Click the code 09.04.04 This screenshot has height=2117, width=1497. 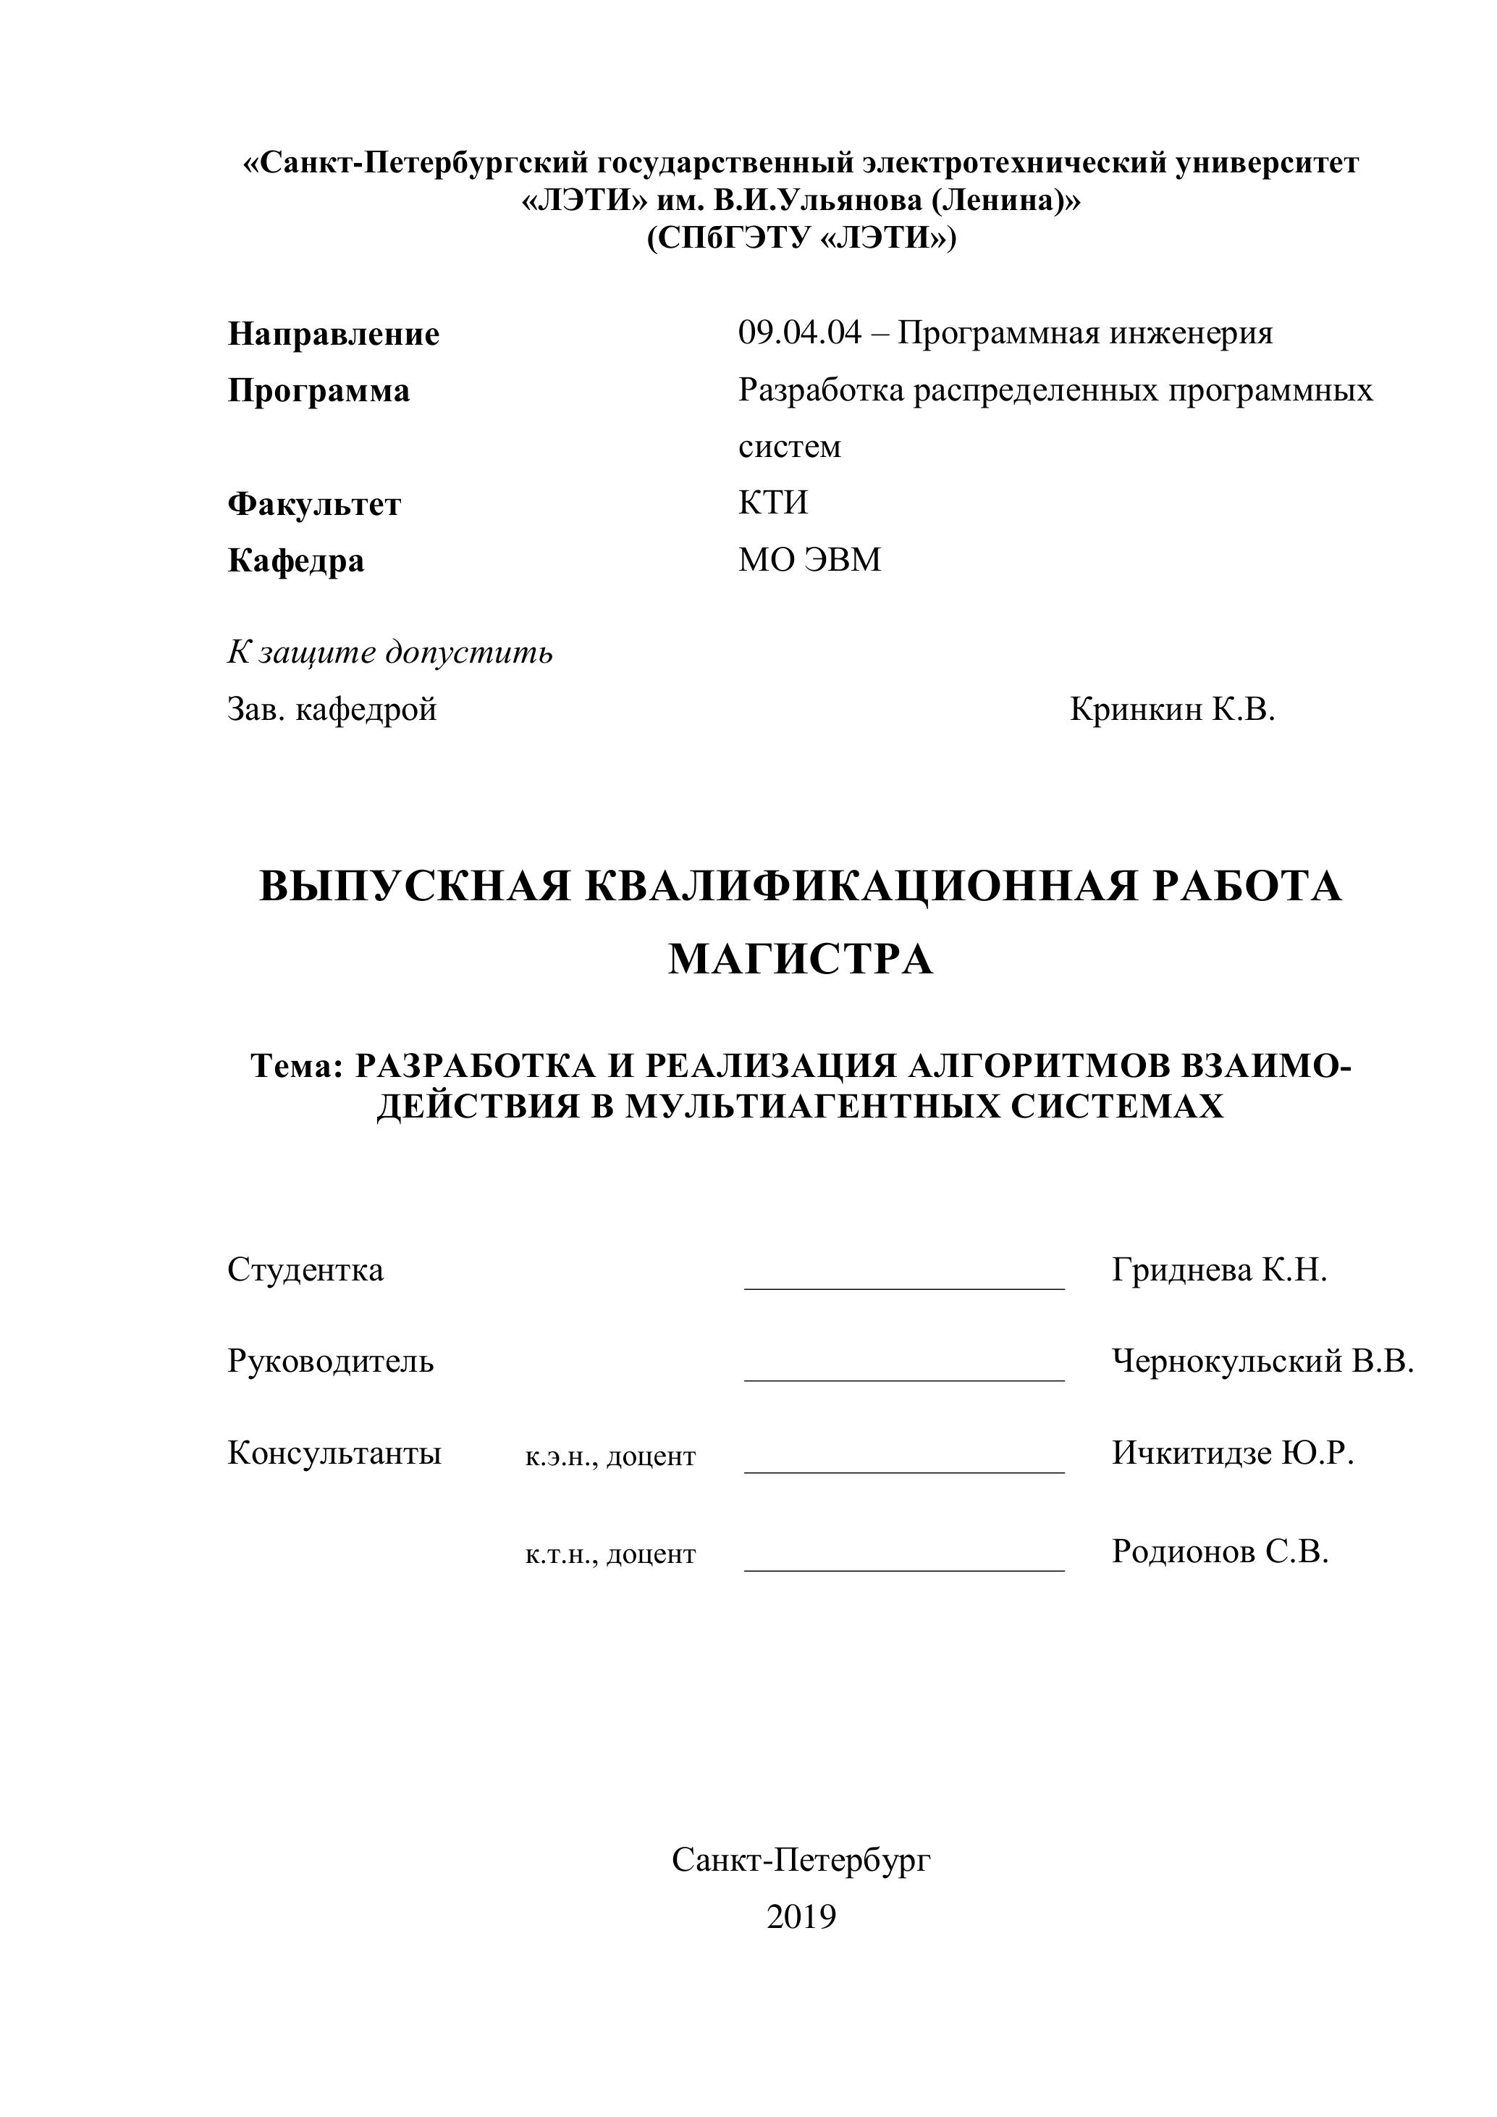tap(799, 333)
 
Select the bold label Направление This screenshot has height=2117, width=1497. tap(334, 334)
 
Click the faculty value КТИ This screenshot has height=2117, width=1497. tap(772, 503)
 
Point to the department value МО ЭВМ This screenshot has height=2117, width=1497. tap(809, 560)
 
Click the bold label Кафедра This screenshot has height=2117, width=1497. tap(296, 561)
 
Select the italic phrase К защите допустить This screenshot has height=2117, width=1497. tap(390, 653)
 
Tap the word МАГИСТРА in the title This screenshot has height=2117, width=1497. tap(800, 960)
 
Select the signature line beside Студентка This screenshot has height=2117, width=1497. tap(904, 1287)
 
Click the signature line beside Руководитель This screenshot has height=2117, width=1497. tap(904, 1380)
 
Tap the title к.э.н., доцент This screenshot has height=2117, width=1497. tap(610, 1456)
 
